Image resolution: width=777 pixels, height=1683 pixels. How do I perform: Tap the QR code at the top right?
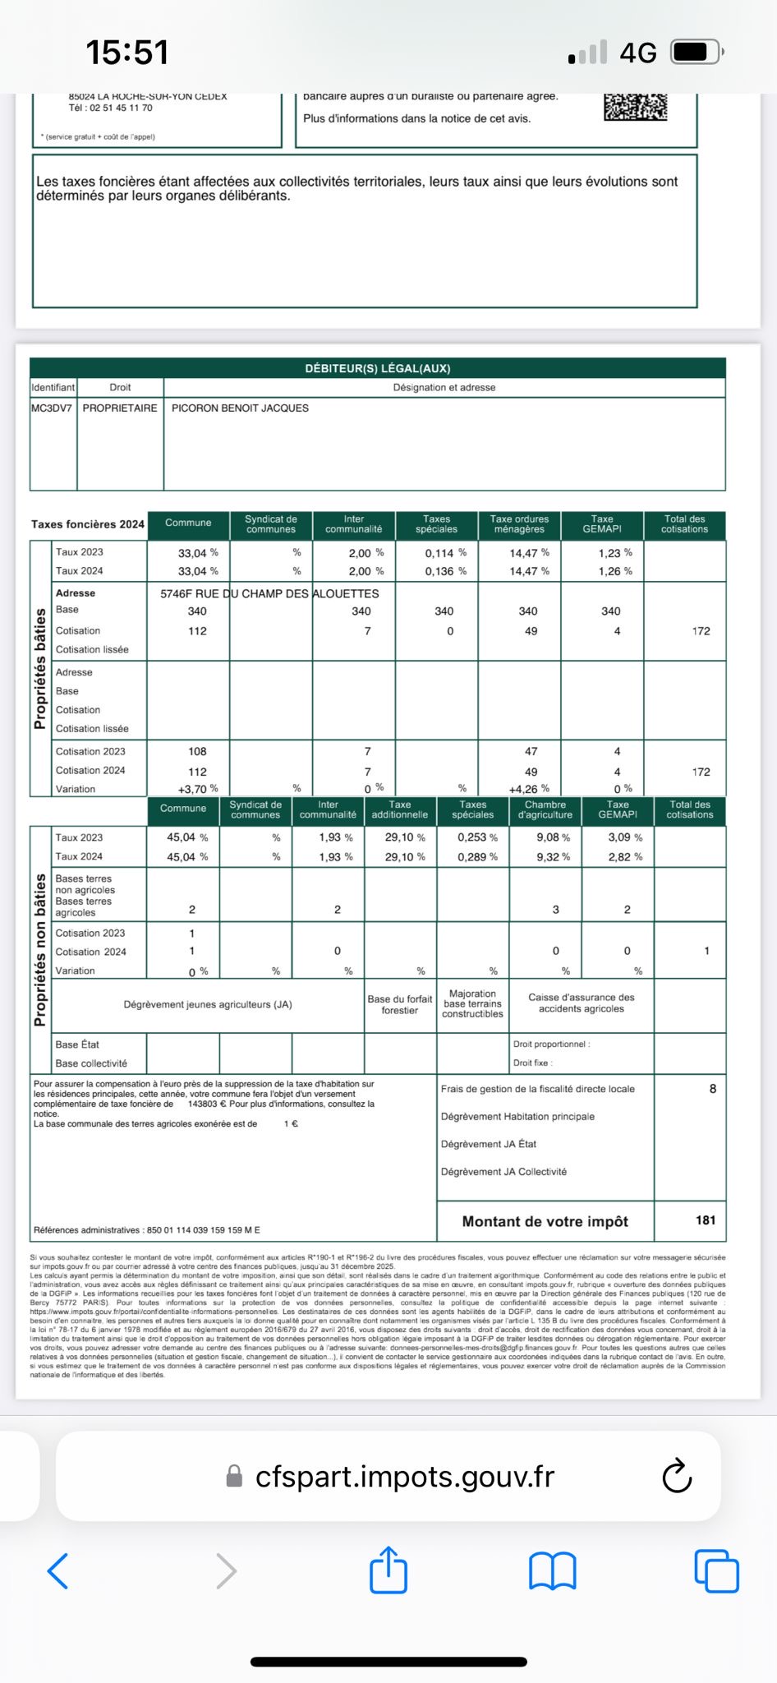click(635, 107)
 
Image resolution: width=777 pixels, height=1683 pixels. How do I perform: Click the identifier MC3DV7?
click(52, 408)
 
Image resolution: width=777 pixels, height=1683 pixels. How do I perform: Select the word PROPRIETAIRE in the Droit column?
click(120, 408)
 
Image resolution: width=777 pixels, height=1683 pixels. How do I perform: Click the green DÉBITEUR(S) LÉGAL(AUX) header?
click(378, 368)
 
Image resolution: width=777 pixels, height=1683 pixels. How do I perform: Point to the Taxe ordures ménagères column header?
click(519, 524)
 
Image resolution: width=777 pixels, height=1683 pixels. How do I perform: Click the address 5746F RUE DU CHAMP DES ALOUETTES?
click(269, 593)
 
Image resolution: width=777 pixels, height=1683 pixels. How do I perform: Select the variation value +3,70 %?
click(198, 789)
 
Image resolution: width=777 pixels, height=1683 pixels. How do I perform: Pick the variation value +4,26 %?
click(529, 789)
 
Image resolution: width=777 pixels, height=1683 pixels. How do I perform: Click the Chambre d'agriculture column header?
click(545, 809)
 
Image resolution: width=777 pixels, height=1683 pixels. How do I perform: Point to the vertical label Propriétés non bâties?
click(40, 949)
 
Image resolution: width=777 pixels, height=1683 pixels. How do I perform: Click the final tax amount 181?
click(706, 1220)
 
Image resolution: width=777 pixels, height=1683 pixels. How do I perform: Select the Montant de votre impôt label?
click(545, 1221)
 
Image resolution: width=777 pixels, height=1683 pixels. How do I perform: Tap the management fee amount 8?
click(712, 1089)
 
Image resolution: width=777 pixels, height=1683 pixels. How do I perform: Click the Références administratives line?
click(147, 1230)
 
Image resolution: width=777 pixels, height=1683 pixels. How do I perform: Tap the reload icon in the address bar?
click(677, 1477)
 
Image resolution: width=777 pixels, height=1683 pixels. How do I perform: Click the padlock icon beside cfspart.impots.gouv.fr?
click(234, 1477)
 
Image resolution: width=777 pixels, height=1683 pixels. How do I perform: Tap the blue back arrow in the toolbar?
click(58, 1571)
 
